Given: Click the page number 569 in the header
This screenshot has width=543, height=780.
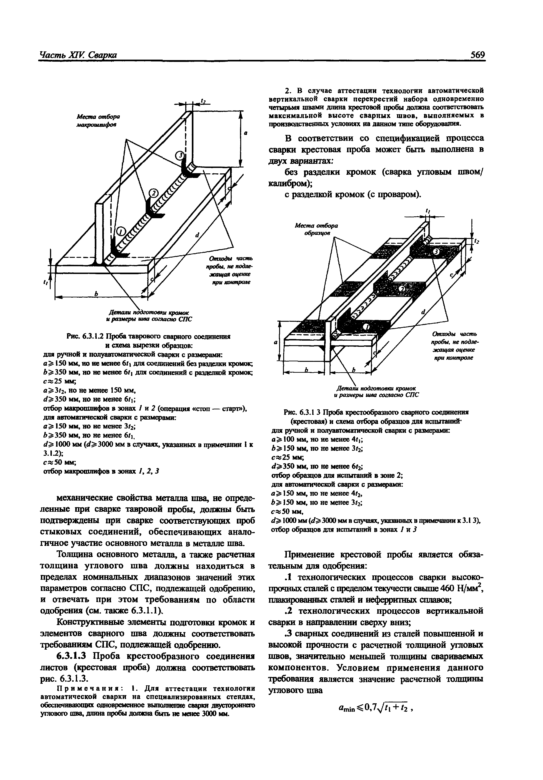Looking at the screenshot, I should (x=478, y=55).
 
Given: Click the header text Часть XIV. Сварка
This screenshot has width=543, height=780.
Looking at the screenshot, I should (x=78, y=55).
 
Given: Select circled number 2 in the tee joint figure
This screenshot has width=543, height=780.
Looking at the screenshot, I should (x=153, y=193).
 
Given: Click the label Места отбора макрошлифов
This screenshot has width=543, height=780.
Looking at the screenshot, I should (x=98, y=121).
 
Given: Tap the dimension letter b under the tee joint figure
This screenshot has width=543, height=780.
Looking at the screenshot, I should (x=96, y=293).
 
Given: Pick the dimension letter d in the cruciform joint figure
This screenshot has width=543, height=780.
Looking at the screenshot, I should (x=423, y=312).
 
